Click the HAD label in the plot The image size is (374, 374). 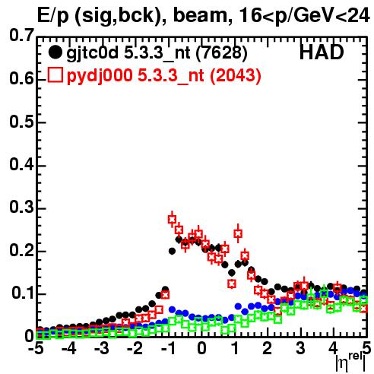tap(322, 52)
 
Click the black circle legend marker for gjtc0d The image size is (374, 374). tap(55, 52)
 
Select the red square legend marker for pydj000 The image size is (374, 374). tap(55, 75)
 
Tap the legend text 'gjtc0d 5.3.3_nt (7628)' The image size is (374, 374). tap(157, 53)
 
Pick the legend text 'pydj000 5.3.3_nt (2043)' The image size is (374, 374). tap(164, 76)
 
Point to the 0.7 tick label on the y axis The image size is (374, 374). tap(21, 35)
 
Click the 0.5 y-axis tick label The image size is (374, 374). tap(21, 122)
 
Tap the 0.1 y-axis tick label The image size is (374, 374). tap(23, 293)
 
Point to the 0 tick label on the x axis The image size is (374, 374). tap(201, 349)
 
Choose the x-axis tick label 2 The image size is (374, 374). tap(267, 349)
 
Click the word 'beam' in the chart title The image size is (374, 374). tap(200, 16)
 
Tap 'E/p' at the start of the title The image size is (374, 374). tap(53, 17)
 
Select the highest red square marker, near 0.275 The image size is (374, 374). tap(172, 219)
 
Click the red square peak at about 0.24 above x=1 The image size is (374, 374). tap(238, 233)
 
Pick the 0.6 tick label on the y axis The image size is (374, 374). tap(21, 79)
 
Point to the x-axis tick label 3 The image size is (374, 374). tap(300, 349)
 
